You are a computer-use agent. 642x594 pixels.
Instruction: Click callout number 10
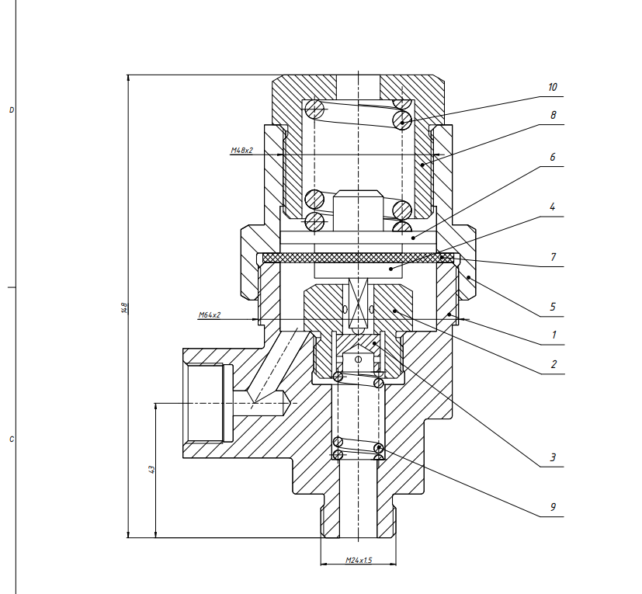point(552,87)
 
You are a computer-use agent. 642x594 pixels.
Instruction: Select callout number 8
point(554,115)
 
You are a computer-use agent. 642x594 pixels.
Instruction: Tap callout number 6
point(552,157)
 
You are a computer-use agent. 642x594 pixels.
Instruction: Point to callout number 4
point(552,207)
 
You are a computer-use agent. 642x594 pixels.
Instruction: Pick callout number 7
point(554,257)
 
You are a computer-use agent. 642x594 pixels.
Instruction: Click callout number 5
point(552,307)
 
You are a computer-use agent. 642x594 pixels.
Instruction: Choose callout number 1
point(554,335)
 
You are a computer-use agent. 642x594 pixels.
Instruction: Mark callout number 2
point(554,364)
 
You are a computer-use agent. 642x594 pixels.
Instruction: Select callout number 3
point(553,457)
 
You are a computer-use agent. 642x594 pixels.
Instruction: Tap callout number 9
point(553,507)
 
